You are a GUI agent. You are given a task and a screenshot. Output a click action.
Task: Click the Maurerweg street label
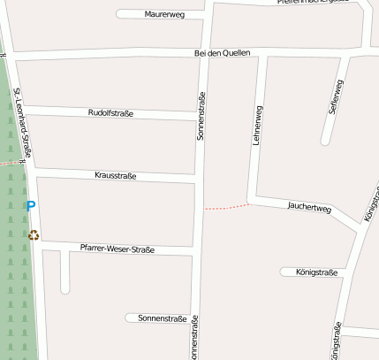point(163,14)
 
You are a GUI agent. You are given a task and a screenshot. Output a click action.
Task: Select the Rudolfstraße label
point(110,113)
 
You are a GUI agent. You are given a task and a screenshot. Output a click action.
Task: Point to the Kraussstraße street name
point(115,176)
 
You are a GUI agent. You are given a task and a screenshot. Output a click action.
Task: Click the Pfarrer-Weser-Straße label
point(117,249)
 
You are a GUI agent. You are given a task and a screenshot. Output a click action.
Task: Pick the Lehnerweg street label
point(257,125)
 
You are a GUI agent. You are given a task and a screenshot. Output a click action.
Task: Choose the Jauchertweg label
point(309,208)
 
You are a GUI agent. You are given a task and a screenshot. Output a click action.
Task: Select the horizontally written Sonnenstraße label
point(162,318)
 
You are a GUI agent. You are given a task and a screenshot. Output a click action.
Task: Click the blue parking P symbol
point(31,206)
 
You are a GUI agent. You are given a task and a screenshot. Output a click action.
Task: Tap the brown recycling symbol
point(34,234)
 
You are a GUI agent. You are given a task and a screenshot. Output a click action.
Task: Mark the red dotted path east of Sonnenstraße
point(225,207)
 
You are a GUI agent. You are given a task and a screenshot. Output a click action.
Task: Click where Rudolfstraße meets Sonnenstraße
point(201,118)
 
